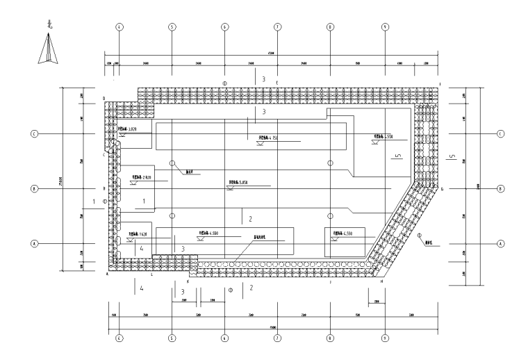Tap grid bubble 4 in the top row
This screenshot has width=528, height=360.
pyautogui.click(x=119, y=27)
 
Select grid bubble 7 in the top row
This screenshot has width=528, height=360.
pyautogui.click(x=277, y=27)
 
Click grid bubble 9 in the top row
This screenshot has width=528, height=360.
pyautogui.click(x=384, y=27)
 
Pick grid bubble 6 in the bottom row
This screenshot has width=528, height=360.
pyautogui.click(x=224, y=339)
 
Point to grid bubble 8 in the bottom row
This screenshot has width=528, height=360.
pyautogui.click(x=331, y=339)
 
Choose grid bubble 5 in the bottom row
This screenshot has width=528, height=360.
pyautogui.click(x=172, y=339)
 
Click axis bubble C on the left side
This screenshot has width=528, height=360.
pyautogui.click(x=33, y=133)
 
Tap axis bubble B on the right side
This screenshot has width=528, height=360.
pyautogui.click(x=500, y=188)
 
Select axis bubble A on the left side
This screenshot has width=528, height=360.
pyautogui.click(x=33, y=244)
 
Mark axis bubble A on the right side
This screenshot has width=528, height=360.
pyautogui.click(x=500, y=244)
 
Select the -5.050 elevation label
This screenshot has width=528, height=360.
pyautogui.click(x=239, y=182)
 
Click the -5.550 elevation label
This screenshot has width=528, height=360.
pyautogui.click(x=383, y=136)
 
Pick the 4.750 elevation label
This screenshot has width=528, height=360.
pyautogui.click(x=268, y=138)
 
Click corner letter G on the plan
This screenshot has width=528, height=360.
pyautogui.click(x=442, y=188)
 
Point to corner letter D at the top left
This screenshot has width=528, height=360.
pyautogui.click(x=104, y=99)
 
